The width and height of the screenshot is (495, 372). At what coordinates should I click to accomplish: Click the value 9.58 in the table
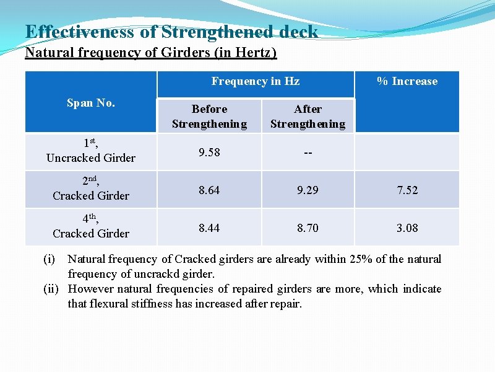click(209, 153)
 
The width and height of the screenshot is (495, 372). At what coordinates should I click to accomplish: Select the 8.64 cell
click(209, 190)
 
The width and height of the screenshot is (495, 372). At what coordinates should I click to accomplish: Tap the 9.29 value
click(308, 190)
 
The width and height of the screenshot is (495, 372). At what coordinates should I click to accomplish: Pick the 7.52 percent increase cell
click(407, 190)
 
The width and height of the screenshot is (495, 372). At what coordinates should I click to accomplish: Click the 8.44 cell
click(209, 228)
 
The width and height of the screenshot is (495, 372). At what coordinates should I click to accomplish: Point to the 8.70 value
click(308, 228)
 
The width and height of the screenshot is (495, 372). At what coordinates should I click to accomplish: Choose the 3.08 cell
click(407, 228)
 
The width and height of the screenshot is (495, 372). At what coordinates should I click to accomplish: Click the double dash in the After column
click(308, 153)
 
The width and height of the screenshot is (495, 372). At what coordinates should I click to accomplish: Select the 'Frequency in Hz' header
click(255, 81)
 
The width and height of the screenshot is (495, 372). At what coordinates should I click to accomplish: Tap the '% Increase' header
click(407, 81)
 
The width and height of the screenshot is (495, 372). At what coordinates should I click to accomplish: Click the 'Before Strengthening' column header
click(209, 117)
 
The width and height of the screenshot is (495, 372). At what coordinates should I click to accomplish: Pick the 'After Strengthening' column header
click(308, 117)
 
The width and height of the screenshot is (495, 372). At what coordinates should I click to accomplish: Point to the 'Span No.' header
click(90, 103)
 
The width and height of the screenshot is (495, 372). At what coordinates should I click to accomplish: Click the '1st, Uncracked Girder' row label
click(90, 151)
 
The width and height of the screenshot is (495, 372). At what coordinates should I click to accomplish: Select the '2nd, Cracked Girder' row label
click(90, 189)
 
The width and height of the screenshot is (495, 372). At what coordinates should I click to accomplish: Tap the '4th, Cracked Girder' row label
click(90, 227)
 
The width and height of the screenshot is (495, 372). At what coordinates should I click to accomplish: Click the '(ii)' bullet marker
click(52, 289)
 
